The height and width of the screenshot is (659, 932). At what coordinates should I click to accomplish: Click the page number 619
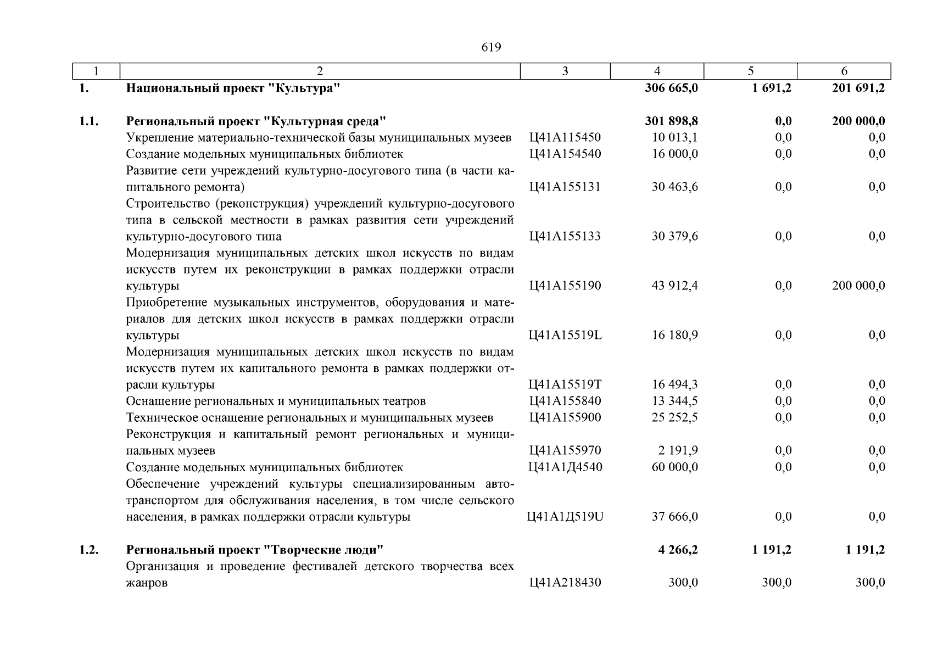[491, 47]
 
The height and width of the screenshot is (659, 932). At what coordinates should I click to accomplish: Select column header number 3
[565, 71]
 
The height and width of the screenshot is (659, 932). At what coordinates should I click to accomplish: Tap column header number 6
[844, 71]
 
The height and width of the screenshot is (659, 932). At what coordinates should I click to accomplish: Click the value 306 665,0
[671, 88]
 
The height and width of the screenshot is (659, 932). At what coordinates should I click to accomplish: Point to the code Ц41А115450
[565, 137]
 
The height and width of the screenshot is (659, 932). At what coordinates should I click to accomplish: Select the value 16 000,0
[675, 154]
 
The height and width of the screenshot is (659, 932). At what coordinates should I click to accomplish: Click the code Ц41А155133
[565, 236]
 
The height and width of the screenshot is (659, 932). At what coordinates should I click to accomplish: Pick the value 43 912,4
[675, 286]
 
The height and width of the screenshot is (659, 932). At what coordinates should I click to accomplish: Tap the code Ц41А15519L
[565, 335]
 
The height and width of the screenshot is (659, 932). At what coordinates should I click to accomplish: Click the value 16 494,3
[675, 384]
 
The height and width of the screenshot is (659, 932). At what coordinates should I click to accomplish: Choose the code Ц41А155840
[565, 401]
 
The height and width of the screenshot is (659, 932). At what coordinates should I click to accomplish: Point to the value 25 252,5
[675, 417]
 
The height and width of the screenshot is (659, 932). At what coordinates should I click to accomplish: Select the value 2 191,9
[678, 450]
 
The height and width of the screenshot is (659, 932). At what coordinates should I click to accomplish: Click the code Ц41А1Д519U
[565, 516]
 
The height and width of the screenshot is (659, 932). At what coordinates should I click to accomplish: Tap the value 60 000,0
[675, 467]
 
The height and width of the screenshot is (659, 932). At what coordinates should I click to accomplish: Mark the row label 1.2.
[88, 549]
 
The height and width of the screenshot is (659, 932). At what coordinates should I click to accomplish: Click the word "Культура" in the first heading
[305, 88]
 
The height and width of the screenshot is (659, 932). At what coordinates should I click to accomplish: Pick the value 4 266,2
[678, 549]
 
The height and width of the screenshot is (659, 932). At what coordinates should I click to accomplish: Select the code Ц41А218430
[565, 582]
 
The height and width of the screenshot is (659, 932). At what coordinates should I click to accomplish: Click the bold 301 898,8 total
[671, 121]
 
